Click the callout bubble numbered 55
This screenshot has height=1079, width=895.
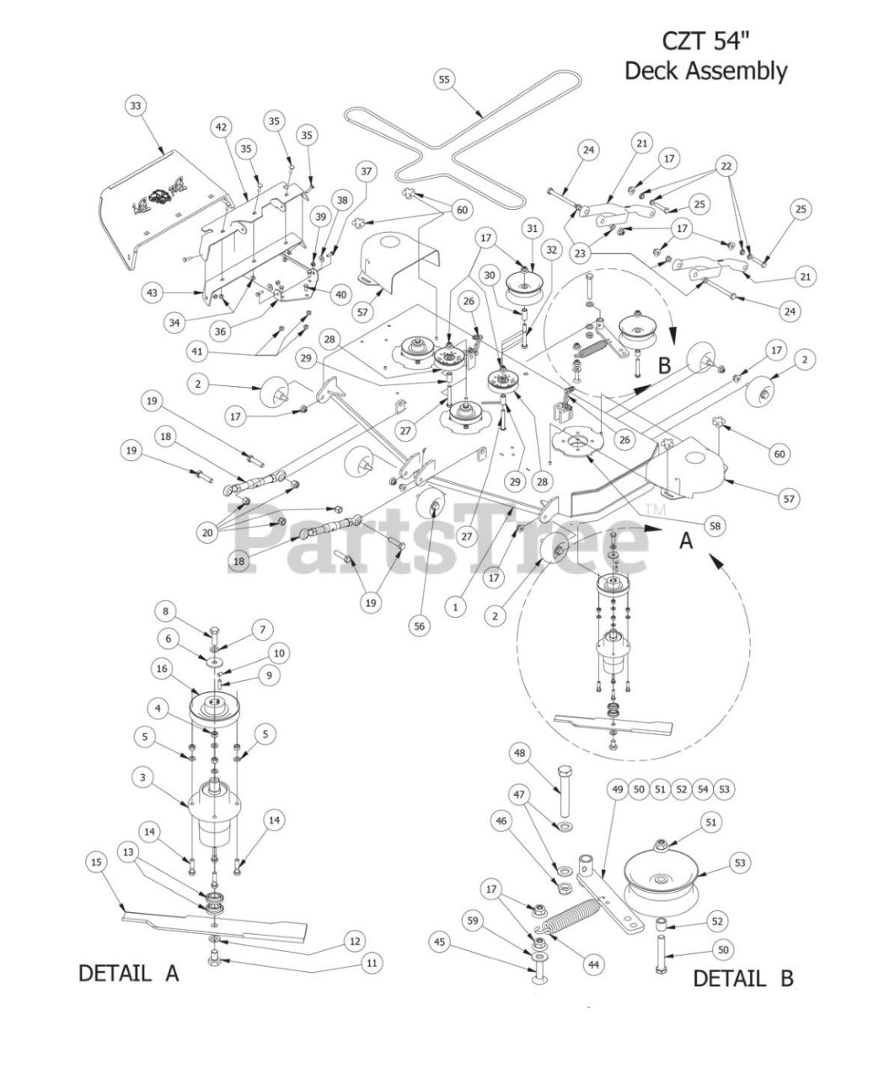point(445,79)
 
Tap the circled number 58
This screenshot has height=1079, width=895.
point(715,526)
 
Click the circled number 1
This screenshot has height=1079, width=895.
point(456,605)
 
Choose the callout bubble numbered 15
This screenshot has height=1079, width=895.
point(96,861)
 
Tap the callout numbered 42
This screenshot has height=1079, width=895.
point(221,126)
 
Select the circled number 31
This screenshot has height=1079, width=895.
point(532,228)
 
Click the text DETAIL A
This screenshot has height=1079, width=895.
point(129,973)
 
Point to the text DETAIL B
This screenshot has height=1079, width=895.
point(742,978)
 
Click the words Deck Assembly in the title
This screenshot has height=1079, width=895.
point(705,71)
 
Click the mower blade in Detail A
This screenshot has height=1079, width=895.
point(211,926)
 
